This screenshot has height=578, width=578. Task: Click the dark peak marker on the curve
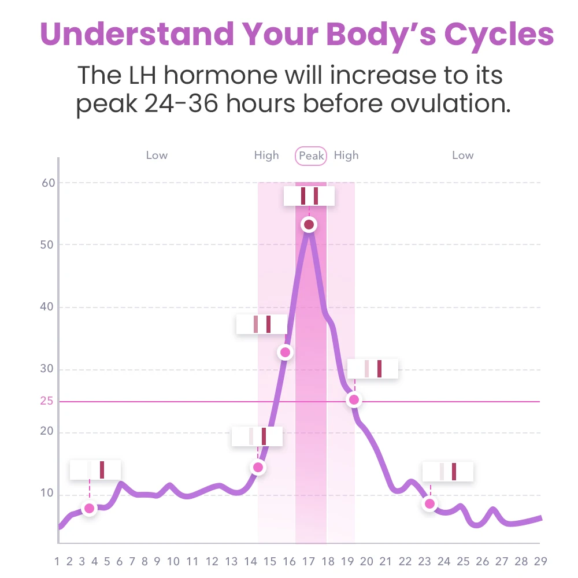pos(309,224)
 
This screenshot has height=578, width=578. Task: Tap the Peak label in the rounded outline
pos(311,156)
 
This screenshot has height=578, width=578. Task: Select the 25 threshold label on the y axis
pos(47,401)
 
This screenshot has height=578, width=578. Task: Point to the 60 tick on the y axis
pos(48,183)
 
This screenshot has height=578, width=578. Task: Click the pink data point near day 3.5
pos(89,509)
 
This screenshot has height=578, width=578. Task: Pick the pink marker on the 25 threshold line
pos(354,399)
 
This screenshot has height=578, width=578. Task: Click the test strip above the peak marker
pos(309,196)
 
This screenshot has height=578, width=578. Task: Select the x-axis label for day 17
pos(308,561)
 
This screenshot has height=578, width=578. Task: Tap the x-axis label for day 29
pos(540,561)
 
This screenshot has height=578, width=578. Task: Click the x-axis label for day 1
pos(57,561)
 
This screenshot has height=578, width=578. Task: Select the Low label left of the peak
pos(157,155)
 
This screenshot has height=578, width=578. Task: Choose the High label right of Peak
pos(346,155)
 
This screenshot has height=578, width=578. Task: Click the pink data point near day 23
pos(429,504)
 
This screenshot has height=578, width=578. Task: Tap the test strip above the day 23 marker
pos(448,472)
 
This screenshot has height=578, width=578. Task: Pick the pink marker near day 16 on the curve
pos(285,352)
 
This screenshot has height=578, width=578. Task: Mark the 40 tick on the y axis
pos(47,307)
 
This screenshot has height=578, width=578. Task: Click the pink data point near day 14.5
pos(258,467)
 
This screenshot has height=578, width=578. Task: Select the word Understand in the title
pos(138,34)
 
